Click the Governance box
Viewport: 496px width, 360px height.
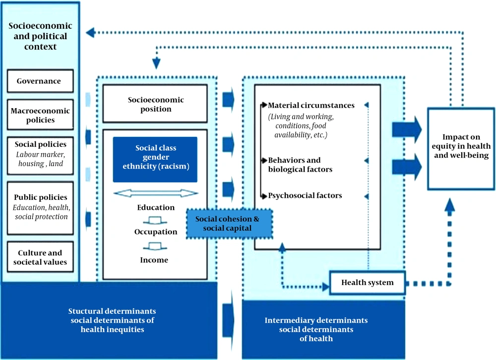coord(40,81)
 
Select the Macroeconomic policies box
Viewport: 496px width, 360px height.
coord(40,115)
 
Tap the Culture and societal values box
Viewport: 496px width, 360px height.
coord(40,257)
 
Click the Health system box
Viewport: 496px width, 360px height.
coord(367,283)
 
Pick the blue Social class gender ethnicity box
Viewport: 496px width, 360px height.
coord(155,160)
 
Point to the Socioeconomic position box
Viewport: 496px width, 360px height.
coord(155,104)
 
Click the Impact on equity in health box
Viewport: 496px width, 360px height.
coord(461,149)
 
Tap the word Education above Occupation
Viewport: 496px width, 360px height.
coord(156,208)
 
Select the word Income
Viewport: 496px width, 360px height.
coord(154,260)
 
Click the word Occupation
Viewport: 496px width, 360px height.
coord(156,232)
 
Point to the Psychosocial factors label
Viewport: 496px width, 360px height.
coord(305,195)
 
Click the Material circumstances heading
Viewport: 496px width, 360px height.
coord(311,105)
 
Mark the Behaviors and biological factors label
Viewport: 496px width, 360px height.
coord(300,165)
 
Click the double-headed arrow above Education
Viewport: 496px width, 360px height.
coord(156,193)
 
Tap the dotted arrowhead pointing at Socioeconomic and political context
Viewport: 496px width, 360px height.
coord(90,32)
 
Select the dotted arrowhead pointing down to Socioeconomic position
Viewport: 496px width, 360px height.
coord(156,63)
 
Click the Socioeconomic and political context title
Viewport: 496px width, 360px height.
coord(40,36)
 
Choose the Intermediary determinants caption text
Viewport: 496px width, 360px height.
coord(316,329)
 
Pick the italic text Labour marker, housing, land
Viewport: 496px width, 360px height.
coord(41,159)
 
